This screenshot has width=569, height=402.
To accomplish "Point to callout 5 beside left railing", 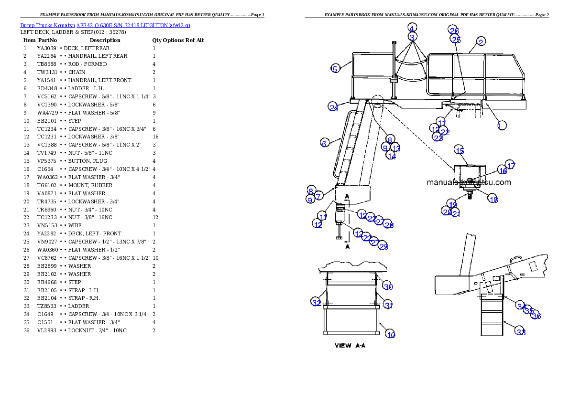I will [335, 69].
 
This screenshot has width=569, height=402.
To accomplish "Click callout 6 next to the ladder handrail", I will [324, 143].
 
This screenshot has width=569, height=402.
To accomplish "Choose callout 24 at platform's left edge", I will [333, 107].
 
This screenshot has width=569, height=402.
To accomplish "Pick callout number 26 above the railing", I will [454, 30].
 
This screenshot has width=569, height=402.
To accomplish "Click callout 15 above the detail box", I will [459, 150].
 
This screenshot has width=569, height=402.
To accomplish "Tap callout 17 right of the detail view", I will [511, 165].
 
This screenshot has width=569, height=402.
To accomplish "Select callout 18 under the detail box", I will [493, 200].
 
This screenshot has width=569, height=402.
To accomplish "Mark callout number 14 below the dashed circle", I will [391, 156].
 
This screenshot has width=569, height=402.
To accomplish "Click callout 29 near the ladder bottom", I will [383, 246].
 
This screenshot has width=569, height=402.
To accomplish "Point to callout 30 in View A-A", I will [388, 286].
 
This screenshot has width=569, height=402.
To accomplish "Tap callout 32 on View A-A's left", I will [317, 302].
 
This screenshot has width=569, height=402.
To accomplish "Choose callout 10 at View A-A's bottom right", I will [391, 335].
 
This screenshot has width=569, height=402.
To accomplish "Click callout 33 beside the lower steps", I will [521, 332].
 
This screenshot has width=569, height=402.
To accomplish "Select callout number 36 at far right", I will [536, 316].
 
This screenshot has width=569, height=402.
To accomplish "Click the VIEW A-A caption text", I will [350, 346].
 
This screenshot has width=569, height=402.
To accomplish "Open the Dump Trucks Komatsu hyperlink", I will [105, 25].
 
